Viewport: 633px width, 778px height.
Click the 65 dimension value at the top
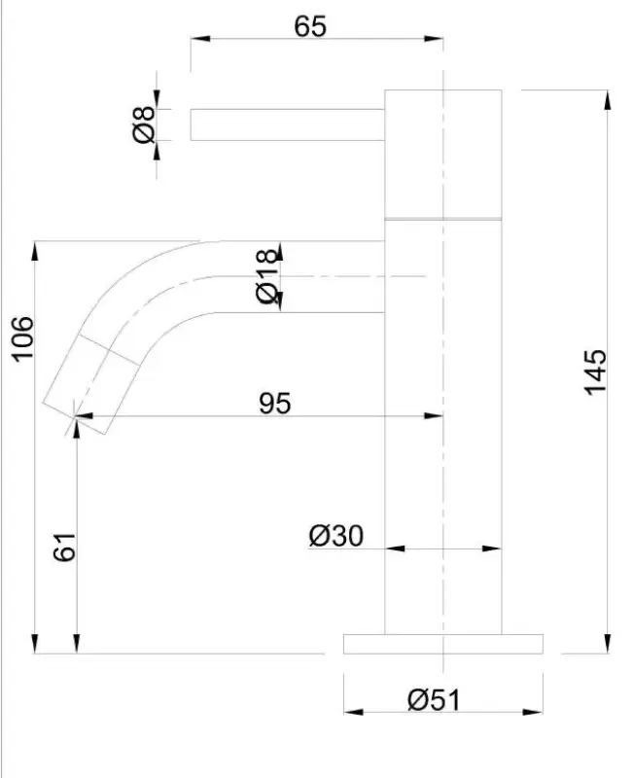click(x=311, y=26)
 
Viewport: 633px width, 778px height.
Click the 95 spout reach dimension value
click(x=275, y=403)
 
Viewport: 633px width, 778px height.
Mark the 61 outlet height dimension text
click(x=64, y=548)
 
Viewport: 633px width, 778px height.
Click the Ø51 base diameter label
click(x=434, y=699)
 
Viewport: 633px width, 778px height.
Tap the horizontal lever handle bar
click(x=287, y=124)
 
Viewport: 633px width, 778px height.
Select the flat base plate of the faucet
click(x=442, y=644)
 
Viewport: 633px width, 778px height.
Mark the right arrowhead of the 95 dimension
click(x=437, y=416)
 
